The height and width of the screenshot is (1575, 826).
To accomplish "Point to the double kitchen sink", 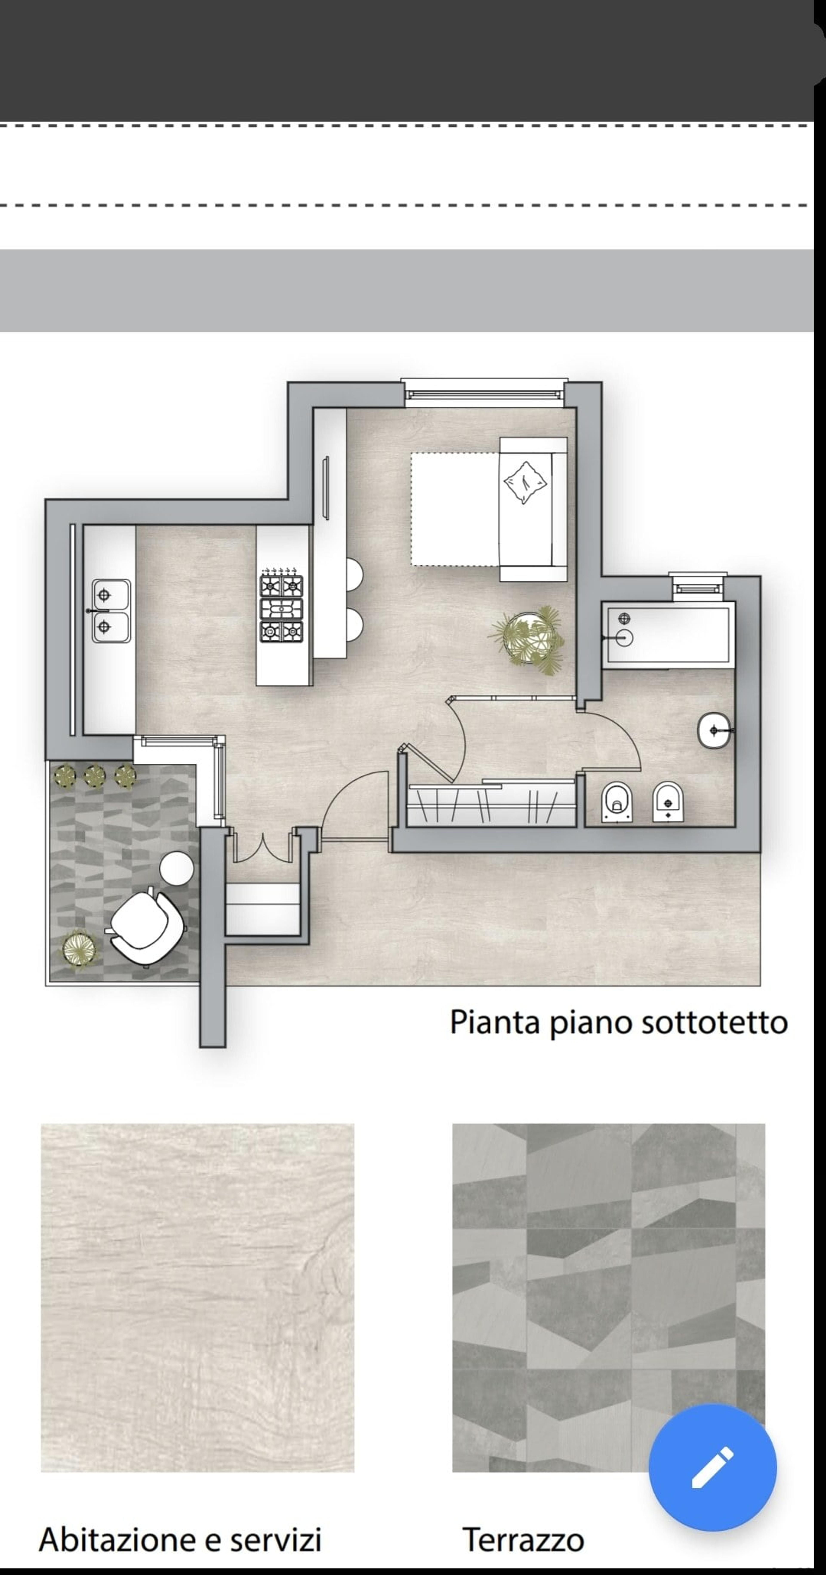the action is (x=111, y=611).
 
